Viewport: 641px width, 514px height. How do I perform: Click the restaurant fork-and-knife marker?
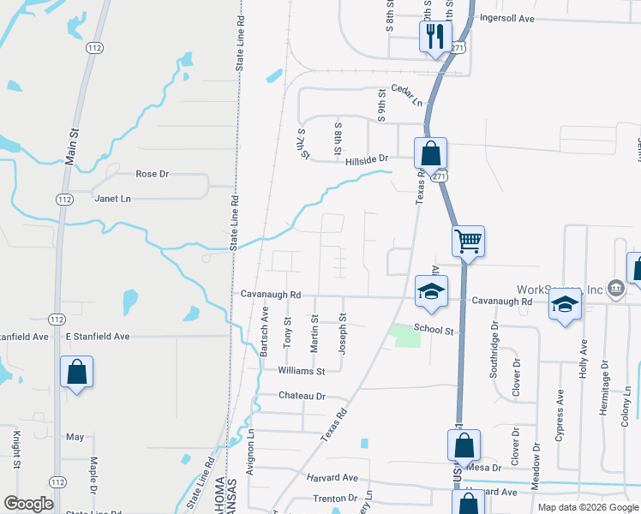tap(434, 37)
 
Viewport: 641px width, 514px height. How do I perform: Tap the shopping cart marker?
tap(469, 241)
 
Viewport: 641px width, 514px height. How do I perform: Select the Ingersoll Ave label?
tap(507, 17)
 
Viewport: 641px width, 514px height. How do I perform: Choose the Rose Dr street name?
tap(153, 174)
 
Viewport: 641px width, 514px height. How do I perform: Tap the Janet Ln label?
tap(113, 199)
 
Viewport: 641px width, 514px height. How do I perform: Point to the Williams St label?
tap(302, 371)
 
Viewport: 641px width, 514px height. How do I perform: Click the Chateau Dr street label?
tap(303, 396)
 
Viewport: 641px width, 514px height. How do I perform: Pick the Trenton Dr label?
tap(335, 498)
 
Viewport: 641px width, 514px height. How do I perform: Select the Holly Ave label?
tap(584, 358)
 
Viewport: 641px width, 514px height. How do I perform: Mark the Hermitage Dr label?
tap(605, 387)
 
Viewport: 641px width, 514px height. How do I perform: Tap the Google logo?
tap(28, 504)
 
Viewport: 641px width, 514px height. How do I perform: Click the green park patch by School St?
tap(405, 335)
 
